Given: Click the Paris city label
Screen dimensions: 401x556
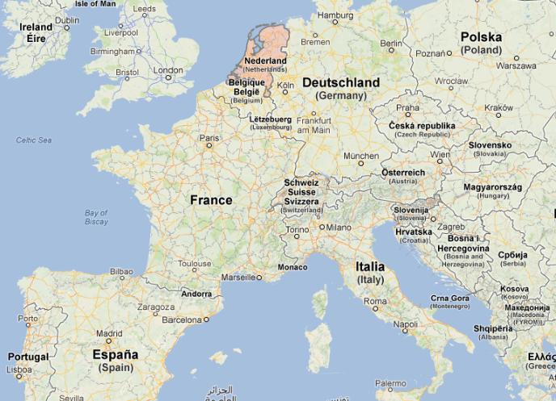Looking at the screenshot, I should pyautogui.click(x=209, y=138).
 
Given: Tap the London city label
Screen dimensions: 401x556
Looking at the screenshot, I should pyautogui.click(x=168, y=70).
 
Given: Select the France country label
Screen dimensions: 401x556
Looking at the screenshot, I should pyautogui.click(x=211, y=200).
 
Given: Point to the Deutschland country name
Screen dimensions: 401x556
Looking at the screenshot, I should pyautogui.click(x=340, y=83).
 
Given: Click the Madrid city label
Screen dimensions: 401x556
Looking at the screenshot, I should pyautogui.click(x=109, y=332).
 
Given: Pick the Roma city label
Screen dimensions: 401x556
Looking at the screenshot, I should pyautogui.click(x=375, y=301).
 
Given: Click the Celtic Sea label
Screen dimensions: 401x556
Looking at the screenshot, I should pyautogui.click(x=34, y=140).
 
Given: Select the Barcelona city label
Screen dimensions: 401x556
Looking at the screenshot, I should pyautogui.click(x=181, y=319).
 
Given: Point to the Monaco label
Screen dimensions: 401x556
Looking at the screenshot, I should pyautogui.click(x=292, y=267).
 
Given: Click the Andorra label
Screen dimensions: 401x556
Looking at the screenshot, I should pyautogui.click(x=197, y=294).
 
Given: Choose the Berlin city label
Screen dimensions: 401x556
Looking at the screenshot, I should pyautogui.click(x=390, y=43).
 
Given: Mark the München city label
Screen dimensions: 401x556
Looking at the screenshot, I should pyautogui.click(x=360, y=156).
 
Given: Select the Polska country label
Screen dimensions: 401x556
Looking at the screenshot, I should pyautogui.click(x=481, y=37).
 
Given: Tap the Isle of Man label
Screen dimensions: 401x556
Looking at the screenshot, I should pyautogui.click(x=96, y=4).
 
